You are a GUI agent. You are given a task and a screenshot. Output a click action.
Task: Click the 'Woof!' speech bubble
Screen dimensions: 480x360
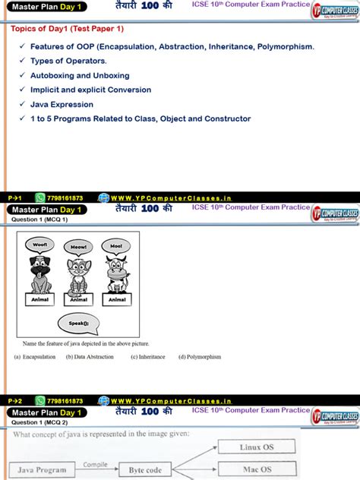[x=39, y=245]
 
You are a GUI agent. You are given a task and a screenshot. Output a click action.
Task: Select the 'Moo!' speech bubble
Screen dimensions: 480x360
[x=116, y=246]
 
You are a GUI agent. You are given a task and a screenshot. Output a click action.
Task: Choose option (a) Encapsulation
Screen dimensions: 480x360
[x=35, y=357]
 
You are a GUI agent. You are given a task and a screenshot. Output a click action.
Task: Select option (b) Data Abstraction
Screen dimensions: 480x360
[x=92, y=357]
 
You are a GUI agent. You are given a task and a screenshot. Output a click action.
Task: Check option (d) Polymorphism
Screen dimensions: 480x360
[x=199, y=357]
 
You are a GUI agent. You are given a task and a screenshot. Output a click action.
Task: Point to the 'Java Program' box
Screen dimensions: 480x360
[x=41, y=471]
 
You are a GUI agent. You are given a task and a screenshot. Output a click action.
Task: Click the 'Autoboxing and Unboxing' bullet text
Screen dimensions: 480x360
[x=80, y=76]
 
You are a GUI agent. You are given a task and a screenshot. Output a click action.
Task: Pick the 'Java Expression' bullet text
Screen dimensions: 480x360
[x=62, y=105]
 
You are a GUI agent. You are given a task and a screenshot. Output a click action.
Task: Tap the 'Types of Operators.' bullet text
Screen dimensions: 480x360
[x=68, y=62]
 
